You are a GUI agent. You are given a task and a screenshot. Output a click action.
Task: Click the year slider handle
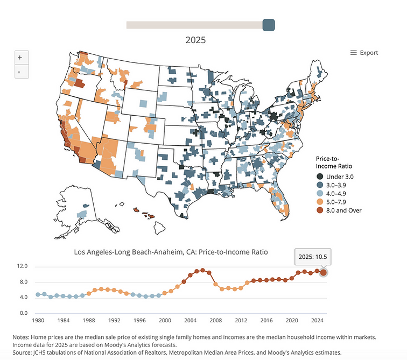269,25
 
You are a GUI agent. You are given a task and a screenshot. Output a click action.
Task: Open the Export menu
364,53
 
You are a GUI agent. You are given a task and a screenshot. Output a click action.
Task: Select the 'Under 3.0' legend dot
320,177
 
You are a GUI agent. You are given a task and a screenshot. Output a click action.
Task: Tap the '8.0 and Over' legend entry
339,210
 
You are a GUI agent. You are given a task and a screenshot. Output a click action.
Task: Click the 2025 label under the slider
195,40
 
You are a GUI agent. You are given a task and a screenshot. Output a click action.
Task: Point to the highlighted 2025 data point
324,273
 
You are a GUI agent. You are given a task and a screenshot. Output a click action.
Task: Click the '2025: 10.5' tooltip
313,257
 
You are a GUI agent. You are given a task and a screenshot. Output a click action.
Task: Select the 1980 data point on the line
38,295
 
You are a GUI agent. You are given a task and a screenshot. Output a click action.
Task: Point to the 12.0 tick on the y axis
22,266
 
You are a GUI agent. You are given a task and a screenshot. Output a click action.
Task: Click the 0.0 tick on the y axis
24,313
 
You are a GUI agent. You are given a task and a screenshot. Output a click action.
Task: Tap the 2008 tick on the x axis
216,320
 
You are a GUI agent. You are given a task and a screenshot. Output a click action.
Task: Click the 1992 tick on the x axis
114,320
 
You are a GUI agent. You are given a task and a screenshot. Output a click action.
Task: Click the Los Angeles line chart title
171,252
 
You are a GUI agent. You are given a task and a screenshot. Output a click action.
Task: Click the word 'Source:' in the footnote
22,353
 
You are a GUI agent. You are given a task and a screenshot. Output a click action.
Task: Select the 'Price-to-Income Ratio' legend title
334,163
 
